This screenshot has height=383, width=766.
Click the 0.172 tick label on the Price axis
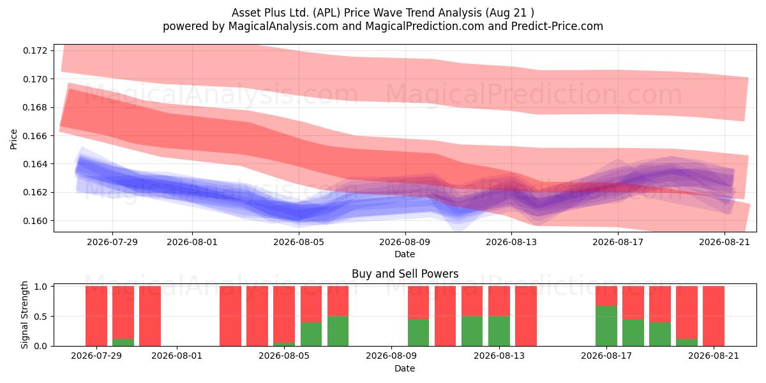tap(35, 50)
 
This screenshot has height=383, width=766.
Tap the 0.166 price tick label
tap(35, 136)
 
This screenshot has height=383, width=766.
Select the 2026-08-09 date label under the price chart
tap(405, 242)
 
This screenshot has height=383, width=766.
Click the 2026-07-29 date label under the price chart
tap(112, 242)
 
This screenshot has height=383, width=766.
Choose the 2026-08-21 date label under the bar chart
tap(714, 356)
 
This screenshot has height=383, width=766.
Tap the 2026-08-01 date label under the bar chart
tap(177, 356)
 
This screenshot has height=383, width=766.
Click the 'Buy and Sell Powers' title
tap(405, 274)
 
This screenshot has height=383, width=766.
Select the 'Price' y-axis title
tap(13, 139)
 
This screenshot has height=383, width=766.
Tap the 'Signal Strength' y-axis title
tap(24, 315)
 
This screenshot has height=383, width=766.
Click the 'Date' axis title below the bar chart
tap(405, 369)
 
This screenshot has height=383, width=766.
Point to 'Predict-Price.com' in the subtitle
tap(557, 26)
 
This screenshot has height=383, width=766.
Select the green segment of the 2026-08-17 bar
tap(606, 326)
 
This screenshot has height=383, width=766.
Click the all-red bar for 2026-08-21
tap(714, 316)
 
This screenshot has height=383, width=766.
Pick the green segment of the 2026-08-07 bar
tap(338, 331)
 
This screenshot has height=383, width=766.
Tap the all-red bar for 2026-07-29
tap(96, 316)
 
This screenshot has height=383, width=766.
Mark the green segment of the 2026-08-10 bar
tap(418, 333)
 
